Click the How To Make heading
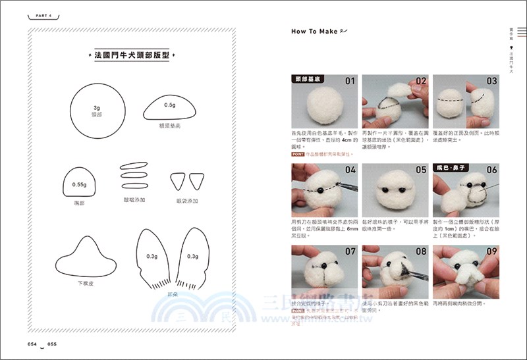[x=315, y=31]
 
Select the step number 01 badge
[x=349, y=82]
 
